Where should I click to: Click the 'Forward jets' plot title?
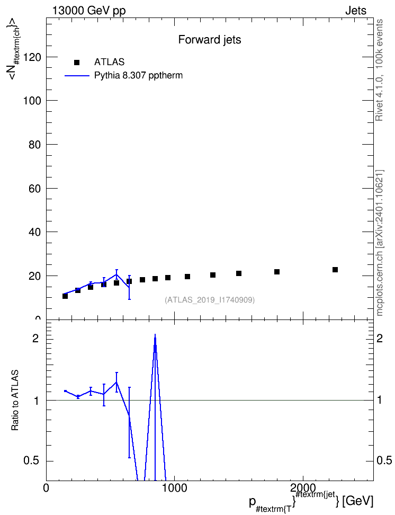point(210,40)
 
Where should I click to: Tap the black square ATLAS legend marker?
point(77,62)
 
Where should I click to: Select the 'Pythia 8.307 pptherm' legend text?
point(138,76)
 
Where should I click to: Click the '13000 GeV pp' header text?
point(89,11)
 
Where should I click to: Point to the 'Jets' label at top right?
point(356,11)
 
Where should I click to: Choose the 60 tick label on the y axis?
point(35,189)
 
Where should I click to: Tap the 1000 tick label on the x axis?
point(174,488)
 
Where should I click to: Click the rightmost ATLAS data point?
point(335,270)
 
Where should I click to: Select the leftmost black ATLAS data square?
point(65,296)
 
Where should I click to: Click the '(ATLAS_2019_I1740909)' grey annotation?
point(210,300)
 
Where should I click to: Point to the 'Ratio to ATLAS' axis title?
point(15,401)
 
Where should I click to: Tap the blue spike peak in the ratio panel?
point(155,335)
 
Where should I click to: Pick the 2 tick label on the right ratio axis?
point(380,339)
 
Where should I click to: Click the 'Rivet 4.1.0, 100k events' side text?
point(379,70)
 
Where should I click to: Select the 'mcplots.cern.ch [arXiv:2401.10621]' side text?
point(380,243)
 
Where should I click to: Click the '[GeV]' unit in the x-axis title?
point(357,502)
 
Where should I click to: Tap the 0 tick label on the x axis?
point(46,488)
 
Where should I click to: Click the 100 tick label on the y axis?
point(32,101)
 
